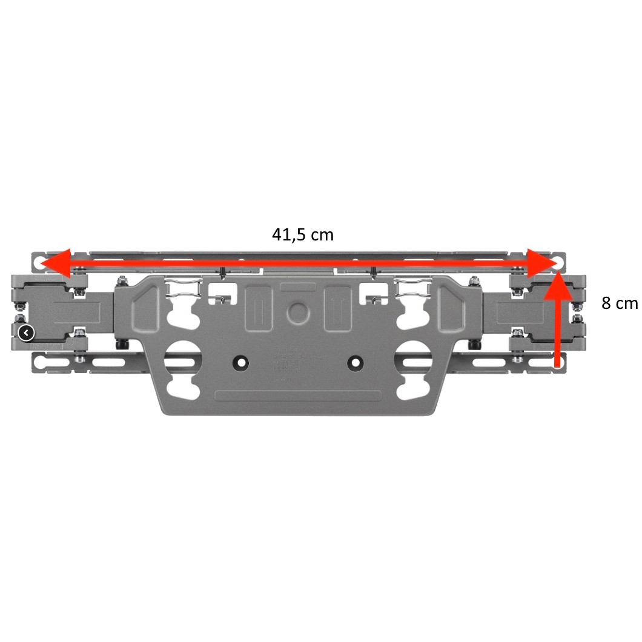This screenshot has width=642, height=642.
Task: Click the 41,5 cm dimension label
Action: [303, 234]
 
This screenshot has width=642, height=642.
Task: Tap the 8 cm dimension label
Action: [620, 303]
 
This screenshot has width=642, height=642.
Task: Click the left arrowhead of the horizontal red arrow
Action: [56, 263]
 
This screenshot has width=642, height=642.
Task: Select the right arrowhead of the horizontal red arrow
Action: [542, 263]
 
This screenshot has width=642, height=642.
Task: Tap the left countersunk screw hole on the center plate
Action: [241, 363]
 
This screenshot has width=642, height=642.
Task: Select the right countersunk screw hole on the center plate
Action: [355, 363]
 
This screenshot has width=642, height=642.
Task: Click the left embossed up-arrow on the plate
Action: [258, 308]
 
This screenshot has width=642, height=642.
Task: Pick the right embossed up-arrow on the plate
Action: [337, 308]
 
